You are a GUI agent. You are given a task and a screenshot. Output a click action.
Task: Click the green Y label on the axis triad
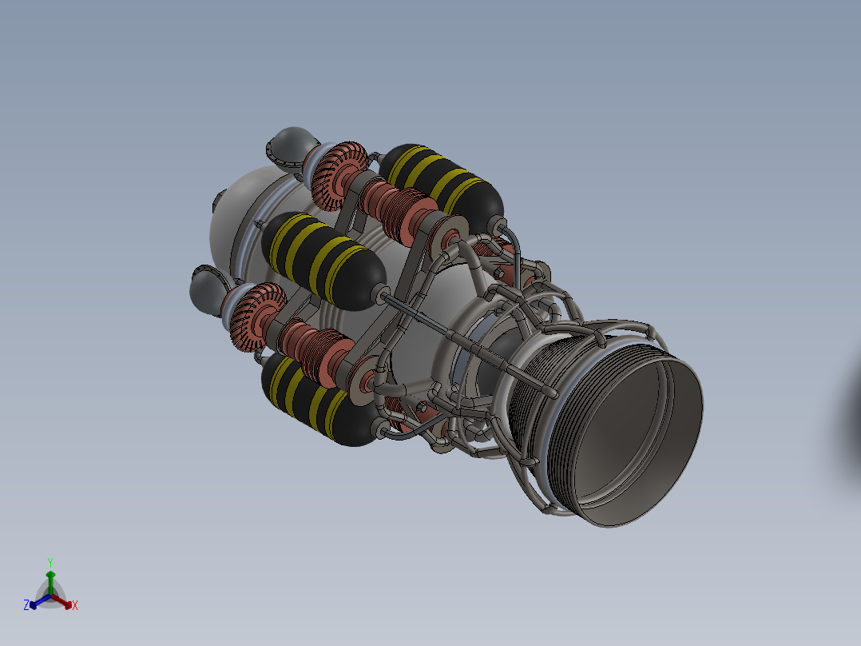[x=50, y=563]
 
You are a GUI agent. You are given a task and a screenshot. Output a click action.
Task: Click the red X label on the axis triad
[x=75, y=605]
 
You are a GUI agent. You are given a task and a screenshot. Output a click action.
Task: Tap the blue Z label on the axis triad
[x=26, y=605]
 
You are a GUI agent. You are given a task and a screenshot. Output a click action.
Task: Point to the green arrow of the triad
[x=50, y=583]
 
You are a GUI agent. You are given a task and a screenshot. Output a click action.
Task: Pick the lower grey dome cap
[x=208, y=289]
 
